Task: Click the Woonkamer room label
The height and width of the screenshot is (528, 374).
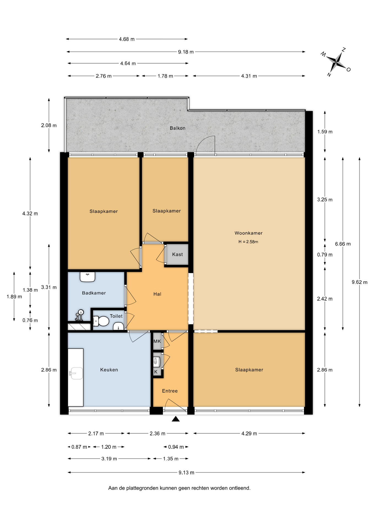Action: [248, 233]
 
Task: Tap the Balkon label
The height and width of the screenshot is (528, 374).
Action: [177, 128]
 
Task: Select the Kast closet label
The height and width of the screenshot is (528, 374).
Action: [177, 254]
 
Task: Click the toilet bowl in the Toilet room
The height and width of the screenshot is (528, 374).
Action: [101, 321]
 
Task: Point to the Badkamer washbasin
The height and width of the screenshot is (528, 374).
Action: [88, 277]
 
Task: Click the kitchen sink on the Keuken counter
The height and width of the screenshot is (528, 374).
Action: [76, 373]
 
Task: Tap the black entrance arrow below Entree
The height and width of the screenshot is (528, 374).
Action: [176, 419]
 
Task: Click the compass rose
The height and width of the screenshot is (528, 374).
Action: [336, 62]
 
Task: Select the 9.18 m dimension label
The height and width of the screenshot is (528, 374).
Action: [186, 52]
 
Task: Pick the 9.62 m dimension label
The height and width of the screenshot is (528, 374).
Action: [359, 282]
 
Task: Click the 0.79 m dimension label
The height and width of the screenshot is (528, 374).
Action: [325, 255]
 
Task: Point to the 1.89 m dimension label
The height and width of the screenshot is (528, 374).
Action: [14, 297]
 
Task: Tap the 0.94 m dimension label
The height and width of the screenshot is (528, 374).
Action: [176, 447]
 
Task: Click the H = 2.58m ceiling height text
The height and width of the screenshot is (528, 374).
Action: [248, 242]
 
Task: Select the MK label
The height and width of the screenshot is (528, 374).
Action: [157, 341]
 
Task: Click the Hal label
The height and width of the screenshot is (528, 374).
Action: [157, 294]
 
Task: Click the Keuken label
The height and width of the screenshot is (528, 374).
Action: [109, 370]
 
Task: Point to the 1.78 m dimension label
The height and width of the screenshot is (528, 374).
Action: [165, 76]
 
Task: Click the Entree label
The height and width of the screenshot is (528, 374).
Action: [170, 391]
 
